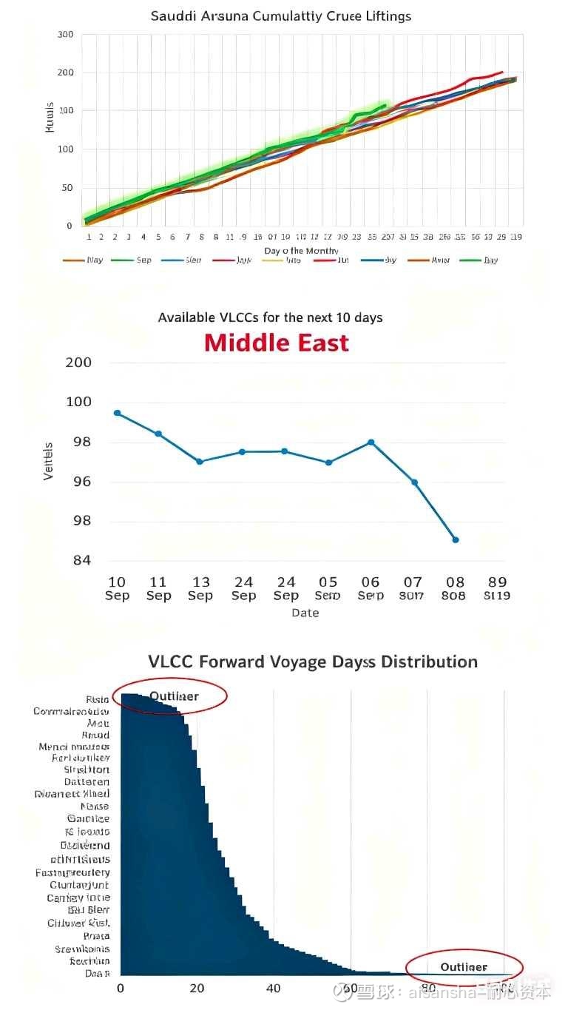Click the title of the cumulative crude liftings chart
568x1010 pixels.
pyautogui.click(x=280, y=16)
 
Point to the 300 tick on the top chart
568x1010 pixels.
pyautogui.click(x=64, y=35)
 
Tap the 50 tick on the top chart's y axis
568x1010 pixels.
pyautogui.click(x=67, y=188)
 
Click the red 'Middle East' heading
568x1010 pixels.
pyautogui.click(x=277, y=343)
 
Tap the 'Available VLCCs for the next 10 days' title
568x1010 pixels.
pyautogui.click(x=271, y=317)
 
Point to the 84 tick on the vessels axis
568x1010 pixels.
pyautogui.click(x=82, y=560)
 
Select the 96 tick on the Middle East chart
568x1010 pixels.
pyautogui.click(x=82, y=482)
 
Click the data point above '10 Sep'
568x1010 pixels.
pyautogui.click(x=117, y=413)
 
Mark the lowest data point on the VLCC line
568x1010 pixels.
pyautogui.click(x=456, y=539)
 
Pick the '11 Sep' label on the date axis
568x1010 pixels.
pyautogui.click(x=158, y=588)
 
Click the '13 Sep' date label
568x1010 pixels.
pyautogui.click(x=200, y=588)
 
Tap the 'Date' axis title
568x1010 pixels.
pyautogui.click(x=305, y=613)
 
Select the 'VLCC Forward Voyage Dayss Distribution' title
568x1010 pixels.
pyautogui.click(x=313, y=661)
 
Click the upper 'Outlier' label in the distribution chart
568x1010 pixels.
pyautogui.click(x=174, y=696)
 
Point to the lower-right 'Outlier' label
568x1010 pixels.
pyautogui.click(x=464, y=966)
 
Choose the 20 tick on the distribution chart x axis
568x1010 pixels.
pyautogui.click(x=197, y=989)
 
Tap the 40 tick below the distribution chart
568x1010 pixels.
pyautogui.click(x=274, y=989)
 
